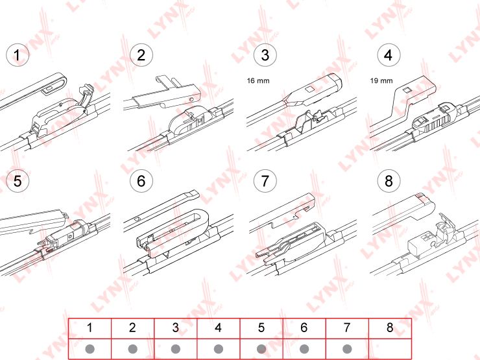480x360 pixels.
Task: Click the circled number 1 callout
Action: (x=18, y=55)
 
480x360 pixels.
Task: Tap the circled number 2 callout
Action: (x=141, y=55)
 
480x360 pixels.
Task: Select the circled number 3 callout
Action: (x=265, y=55)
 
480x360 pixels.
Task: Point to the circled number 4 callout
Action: (x=389, y=55)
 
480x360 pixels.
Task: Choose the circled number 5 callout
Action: (x=18, y=181)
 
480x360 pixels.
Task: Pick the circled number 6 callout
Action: (x=141, y=181)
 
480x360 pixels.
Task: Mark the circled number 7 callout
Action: (x=265, y=181)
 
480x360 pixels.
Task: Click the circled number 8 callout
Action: (x=389, y=181)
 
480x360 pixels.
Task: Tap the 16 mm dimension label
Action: (x=258, y=81)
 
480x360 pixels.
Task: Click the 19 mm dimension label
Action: (x=381, y=81)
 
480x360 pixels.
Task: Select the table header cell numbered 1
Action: (x=90, y=328)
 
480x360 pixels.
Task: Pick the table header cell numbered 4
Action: (x=218, y=328)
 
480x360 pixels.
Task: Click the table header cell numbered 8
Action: (x=390, y=328)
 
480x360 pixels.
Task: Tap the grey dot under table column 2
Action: (x=132, y=349)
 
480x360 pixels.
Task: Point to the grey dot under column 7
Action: (x=347, y=349)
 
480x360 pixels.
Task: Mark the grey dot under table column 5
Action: (x=261, y=349)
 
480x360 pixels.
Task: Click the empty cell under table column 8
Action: (x=390, y=349)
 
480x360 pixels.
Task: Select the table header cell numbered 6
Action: (x=304, y=328)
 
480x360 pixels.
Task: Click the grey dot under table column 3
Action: (x=175, y=349)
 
